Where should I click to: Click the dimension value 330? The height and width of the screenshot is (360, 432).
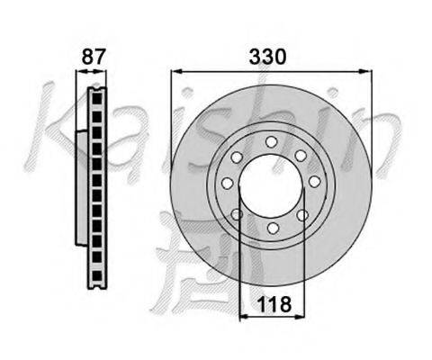coord(267,57)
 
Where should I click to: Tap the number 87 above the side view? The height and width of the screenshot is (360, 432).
coord(94,57)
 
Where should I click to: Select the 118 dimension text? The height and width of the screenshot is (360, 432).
coord(274,304)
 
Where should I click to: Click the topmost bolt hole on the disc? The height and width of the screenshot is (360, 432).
coord(271,142)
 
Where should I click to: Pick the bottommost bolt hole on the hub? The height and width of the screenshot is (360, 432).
coord(273,228)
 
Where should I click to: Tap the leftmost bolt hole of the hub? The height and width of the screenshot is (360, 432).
coord(228,183)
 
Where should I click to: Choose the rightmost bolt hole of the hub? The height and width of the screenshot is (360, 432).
coord(315,182)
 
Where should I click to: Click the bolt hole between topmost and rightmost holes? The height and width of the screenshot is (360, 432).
coord(301,156)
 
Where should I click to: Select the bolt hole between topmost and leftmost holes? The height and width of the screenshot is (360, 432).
coord(237,157)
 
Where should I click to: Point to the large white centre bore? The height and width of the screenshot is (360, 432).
coord(271,184)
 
